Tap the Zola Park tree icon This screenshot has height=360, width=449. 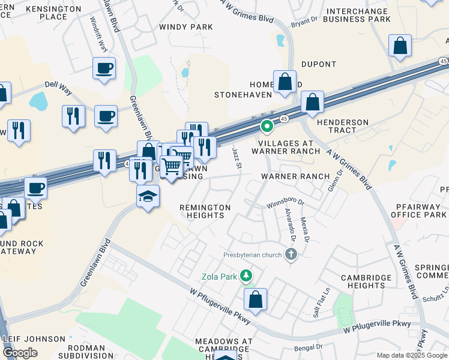coord(245,275)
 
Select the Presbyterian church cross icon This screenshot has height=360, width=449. coord(291,255)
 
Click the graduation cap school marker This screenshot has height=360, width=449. coord(148,196)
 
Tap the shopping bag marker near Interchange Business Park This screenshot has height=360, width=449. coord(400,46)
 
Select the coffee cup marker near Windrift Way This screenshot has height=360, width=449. coord(104,67)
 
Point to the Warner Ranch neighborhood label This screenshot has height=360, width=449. coord(295,176)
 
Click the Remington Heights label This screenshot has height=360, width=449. coord(205,211)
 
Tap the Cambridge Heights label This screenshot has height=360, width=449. coord(367,281)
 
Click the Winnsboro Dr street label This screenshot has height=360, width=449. coord(287,203)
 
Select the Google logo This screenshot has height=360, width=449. coord(20,353)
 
